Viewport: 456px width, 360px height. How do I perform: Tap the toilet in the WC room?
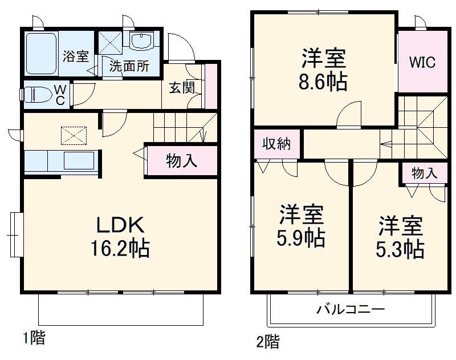[37, 94]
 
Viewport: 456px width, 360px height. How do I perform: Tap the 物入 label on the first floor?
[182, 161]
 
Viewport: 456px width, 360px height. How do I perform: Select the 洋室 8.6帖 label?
[324, 70]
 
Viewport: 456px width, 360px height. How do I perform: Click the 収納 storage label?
[276, 143]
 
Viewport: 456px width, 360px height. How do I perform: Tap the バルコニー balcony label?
[351, 310]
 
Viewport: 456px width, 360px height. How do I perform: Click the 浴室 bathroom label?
[76, 56]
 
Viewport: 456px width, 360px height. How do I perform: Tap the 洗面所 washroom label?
[129, 66]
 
